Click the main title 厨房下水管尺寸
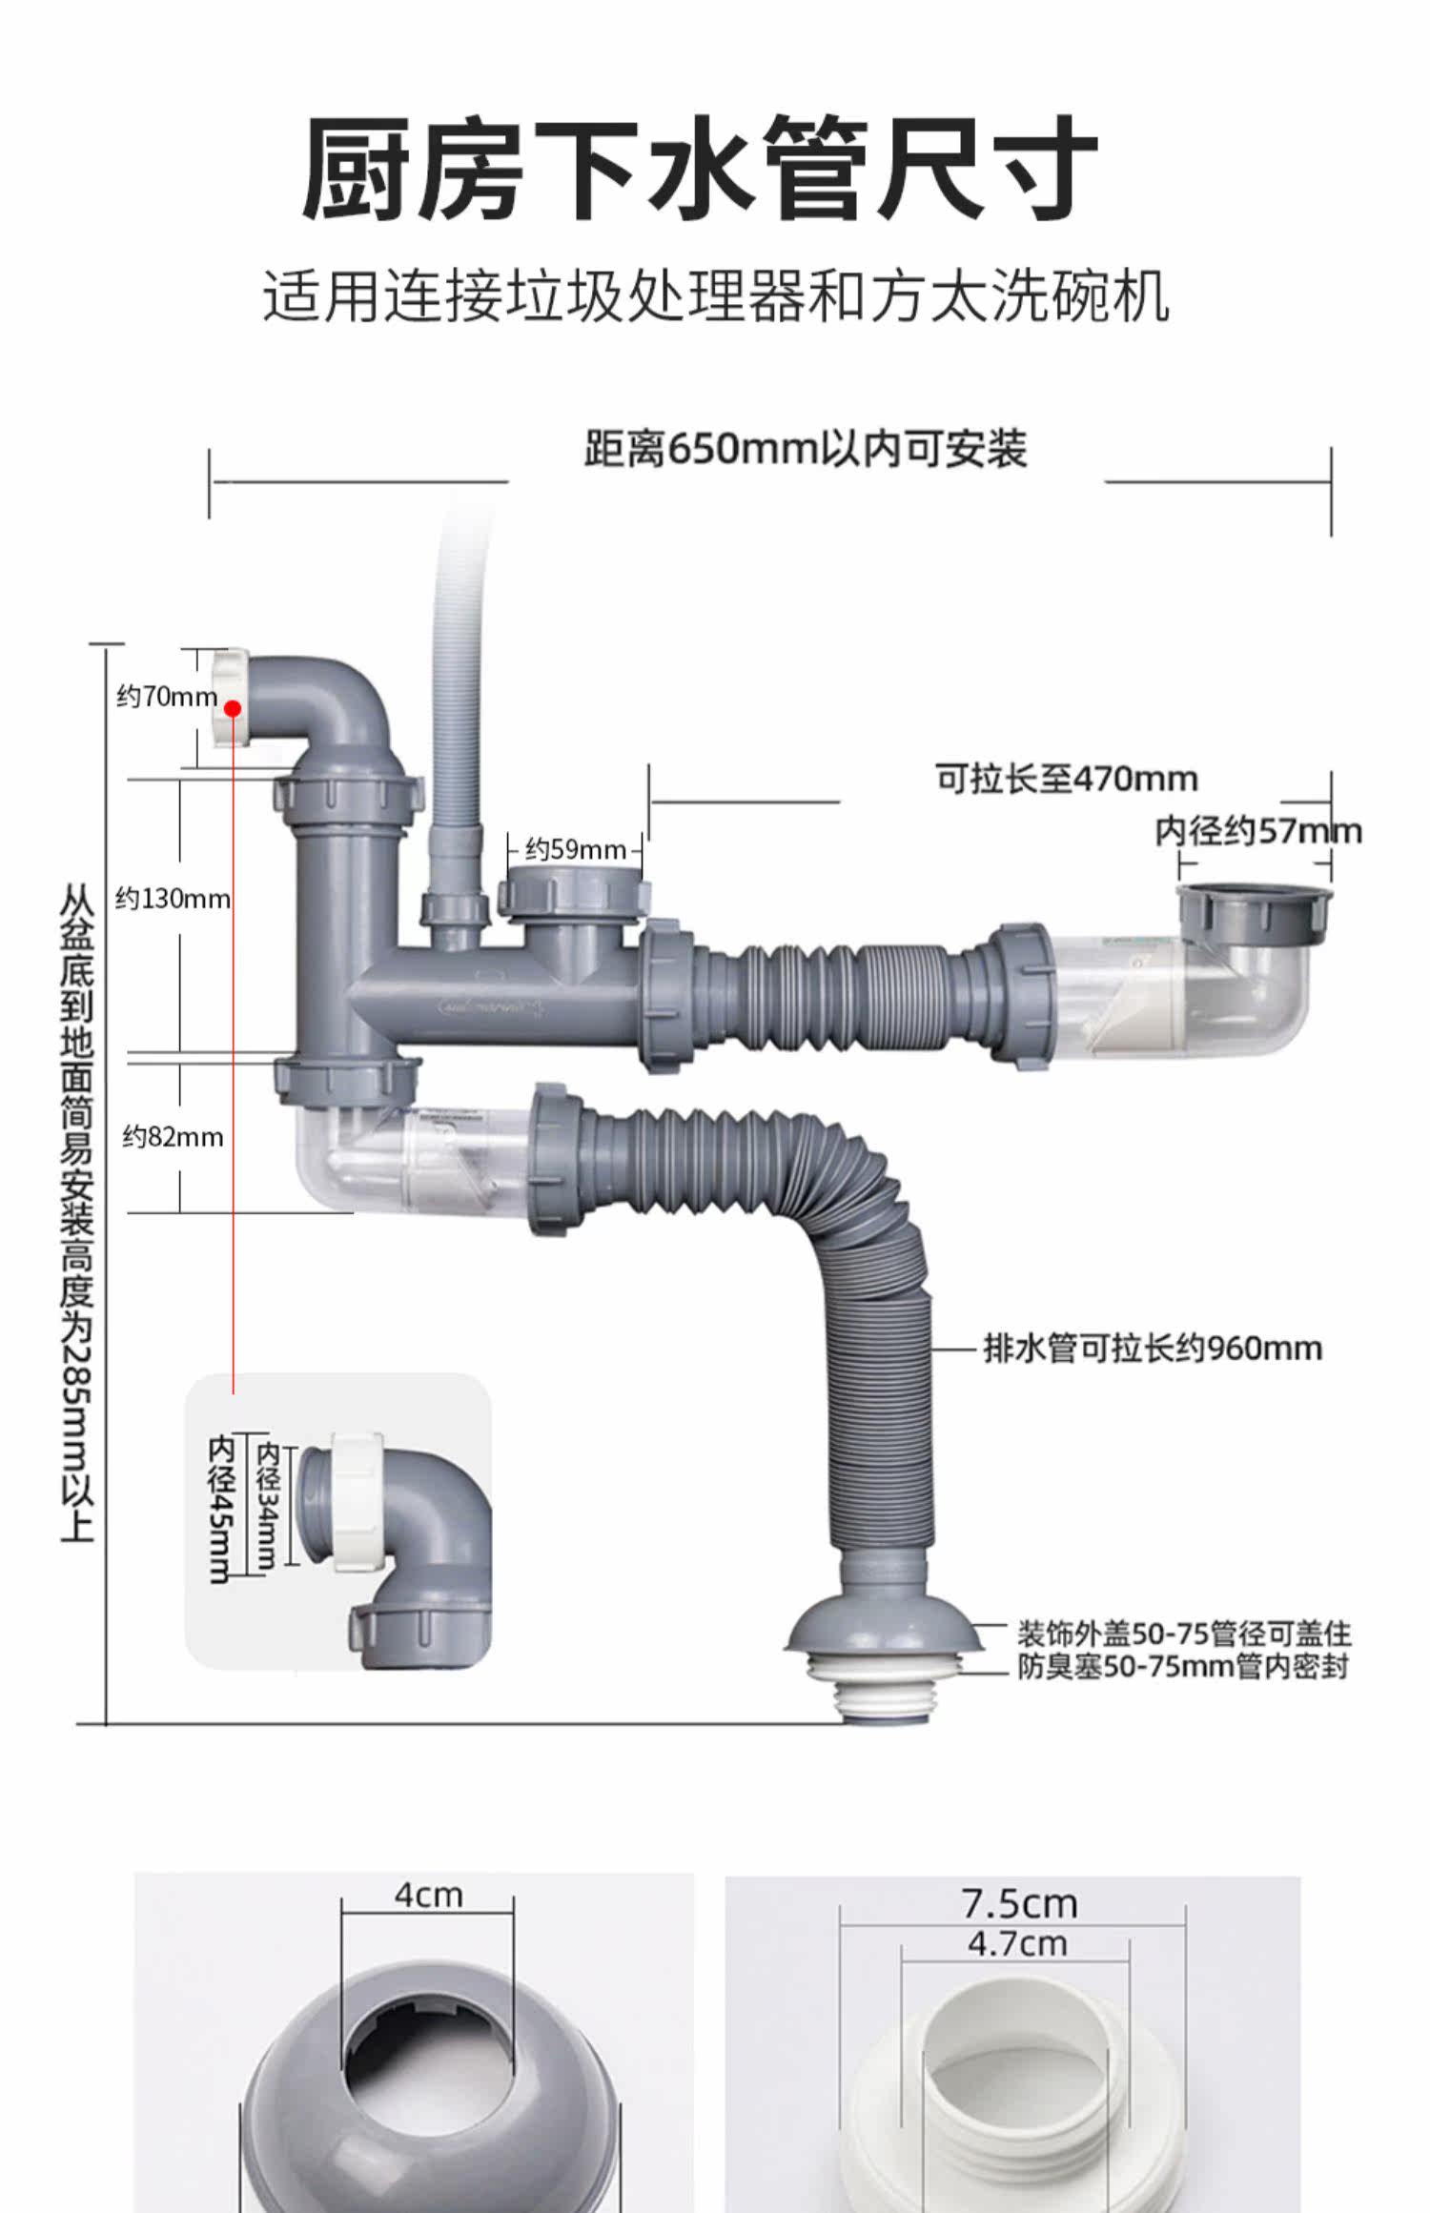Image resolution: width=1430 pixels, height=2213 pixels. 701,169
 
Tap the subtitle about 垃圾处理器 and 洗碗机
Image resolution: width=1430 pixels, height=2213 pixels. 715,295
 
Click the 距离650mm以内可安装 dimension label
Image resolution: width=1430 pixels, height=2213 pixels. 806,449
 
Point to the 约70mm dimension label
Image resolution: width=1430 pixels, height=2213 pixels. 166,697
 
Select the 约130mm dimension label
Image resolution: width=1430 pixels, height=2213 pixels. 173,899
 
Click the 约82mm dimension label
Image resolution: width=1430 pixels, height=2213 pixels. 173,1137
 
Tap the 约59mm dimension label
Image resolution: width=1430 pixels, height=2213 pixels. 575,849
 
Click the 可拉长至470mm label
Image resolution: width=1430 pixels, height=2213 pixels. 1066,779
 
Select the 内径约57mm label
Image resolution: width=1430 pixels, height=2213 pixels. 1258,831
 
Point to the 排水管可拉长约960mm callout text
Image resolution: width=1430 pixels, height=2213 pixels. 1153,1349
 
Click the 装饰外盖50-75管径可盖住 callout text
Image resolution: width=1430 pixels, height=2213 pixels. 1183,1634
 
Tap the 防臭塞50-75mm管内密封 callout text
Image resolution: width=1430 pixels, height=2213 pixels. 1183,1666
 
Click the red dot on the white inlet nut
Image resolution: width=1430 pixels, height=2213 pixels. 233,708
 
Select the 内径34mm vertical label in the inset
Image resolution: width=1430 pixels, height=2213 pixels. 268,1505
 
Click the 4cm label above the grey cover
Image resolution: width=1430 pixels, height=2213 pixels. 428,1896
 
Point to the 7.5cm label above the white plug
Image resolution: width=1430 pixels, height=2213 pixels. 1019,1904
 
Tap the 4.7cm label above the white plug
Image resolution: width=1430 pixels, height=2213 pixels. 1017,1943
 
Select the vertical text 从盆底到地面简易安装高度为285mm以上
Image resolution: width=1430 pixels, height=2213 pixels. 77,1210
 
